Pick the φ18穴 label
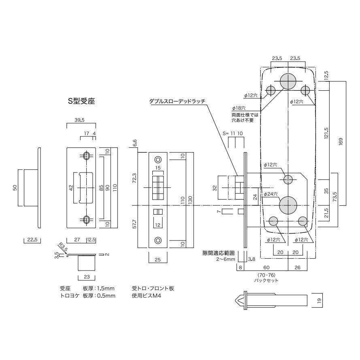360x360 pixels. coord(240,108)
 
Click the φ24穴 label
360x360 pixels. coord(271,194)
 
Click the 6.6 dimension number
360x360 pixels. coord(134,143)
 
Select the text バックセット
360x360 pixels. coord(266,280)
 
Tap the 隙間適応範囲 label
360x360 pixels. coord(219,253)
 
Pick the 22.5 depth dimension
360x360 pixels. coord(31,240)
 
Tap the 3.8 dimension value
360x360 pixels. coord(251,259)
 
